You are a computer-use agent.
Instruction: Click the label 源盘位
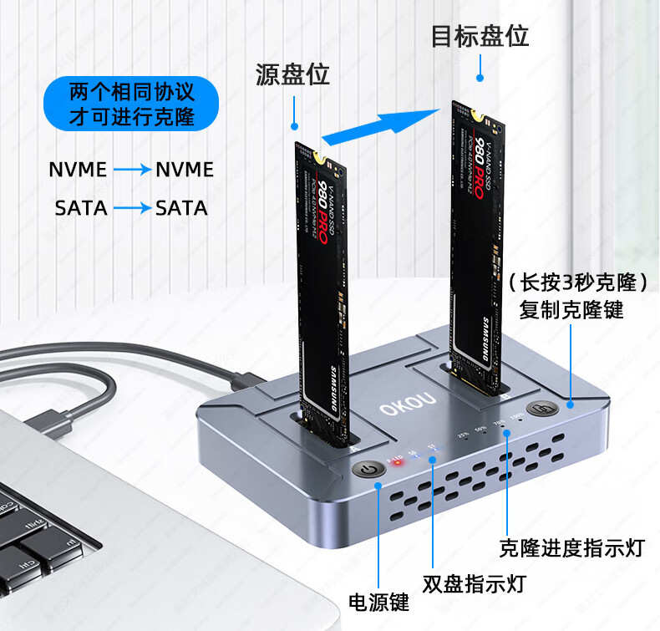[x=292, y=74]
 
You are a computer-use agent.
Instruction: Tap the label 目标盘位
[x=480, y=37]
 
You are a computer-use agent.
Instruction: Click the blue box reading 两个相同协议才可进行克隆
[x=131, y=104]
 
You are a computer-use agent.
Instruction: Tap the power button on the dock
[x=371, y=471]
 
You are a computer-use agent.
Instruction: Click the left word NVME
[x=78, y=170]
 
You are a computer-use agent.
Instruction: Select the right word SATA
[x=181, y=207]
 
